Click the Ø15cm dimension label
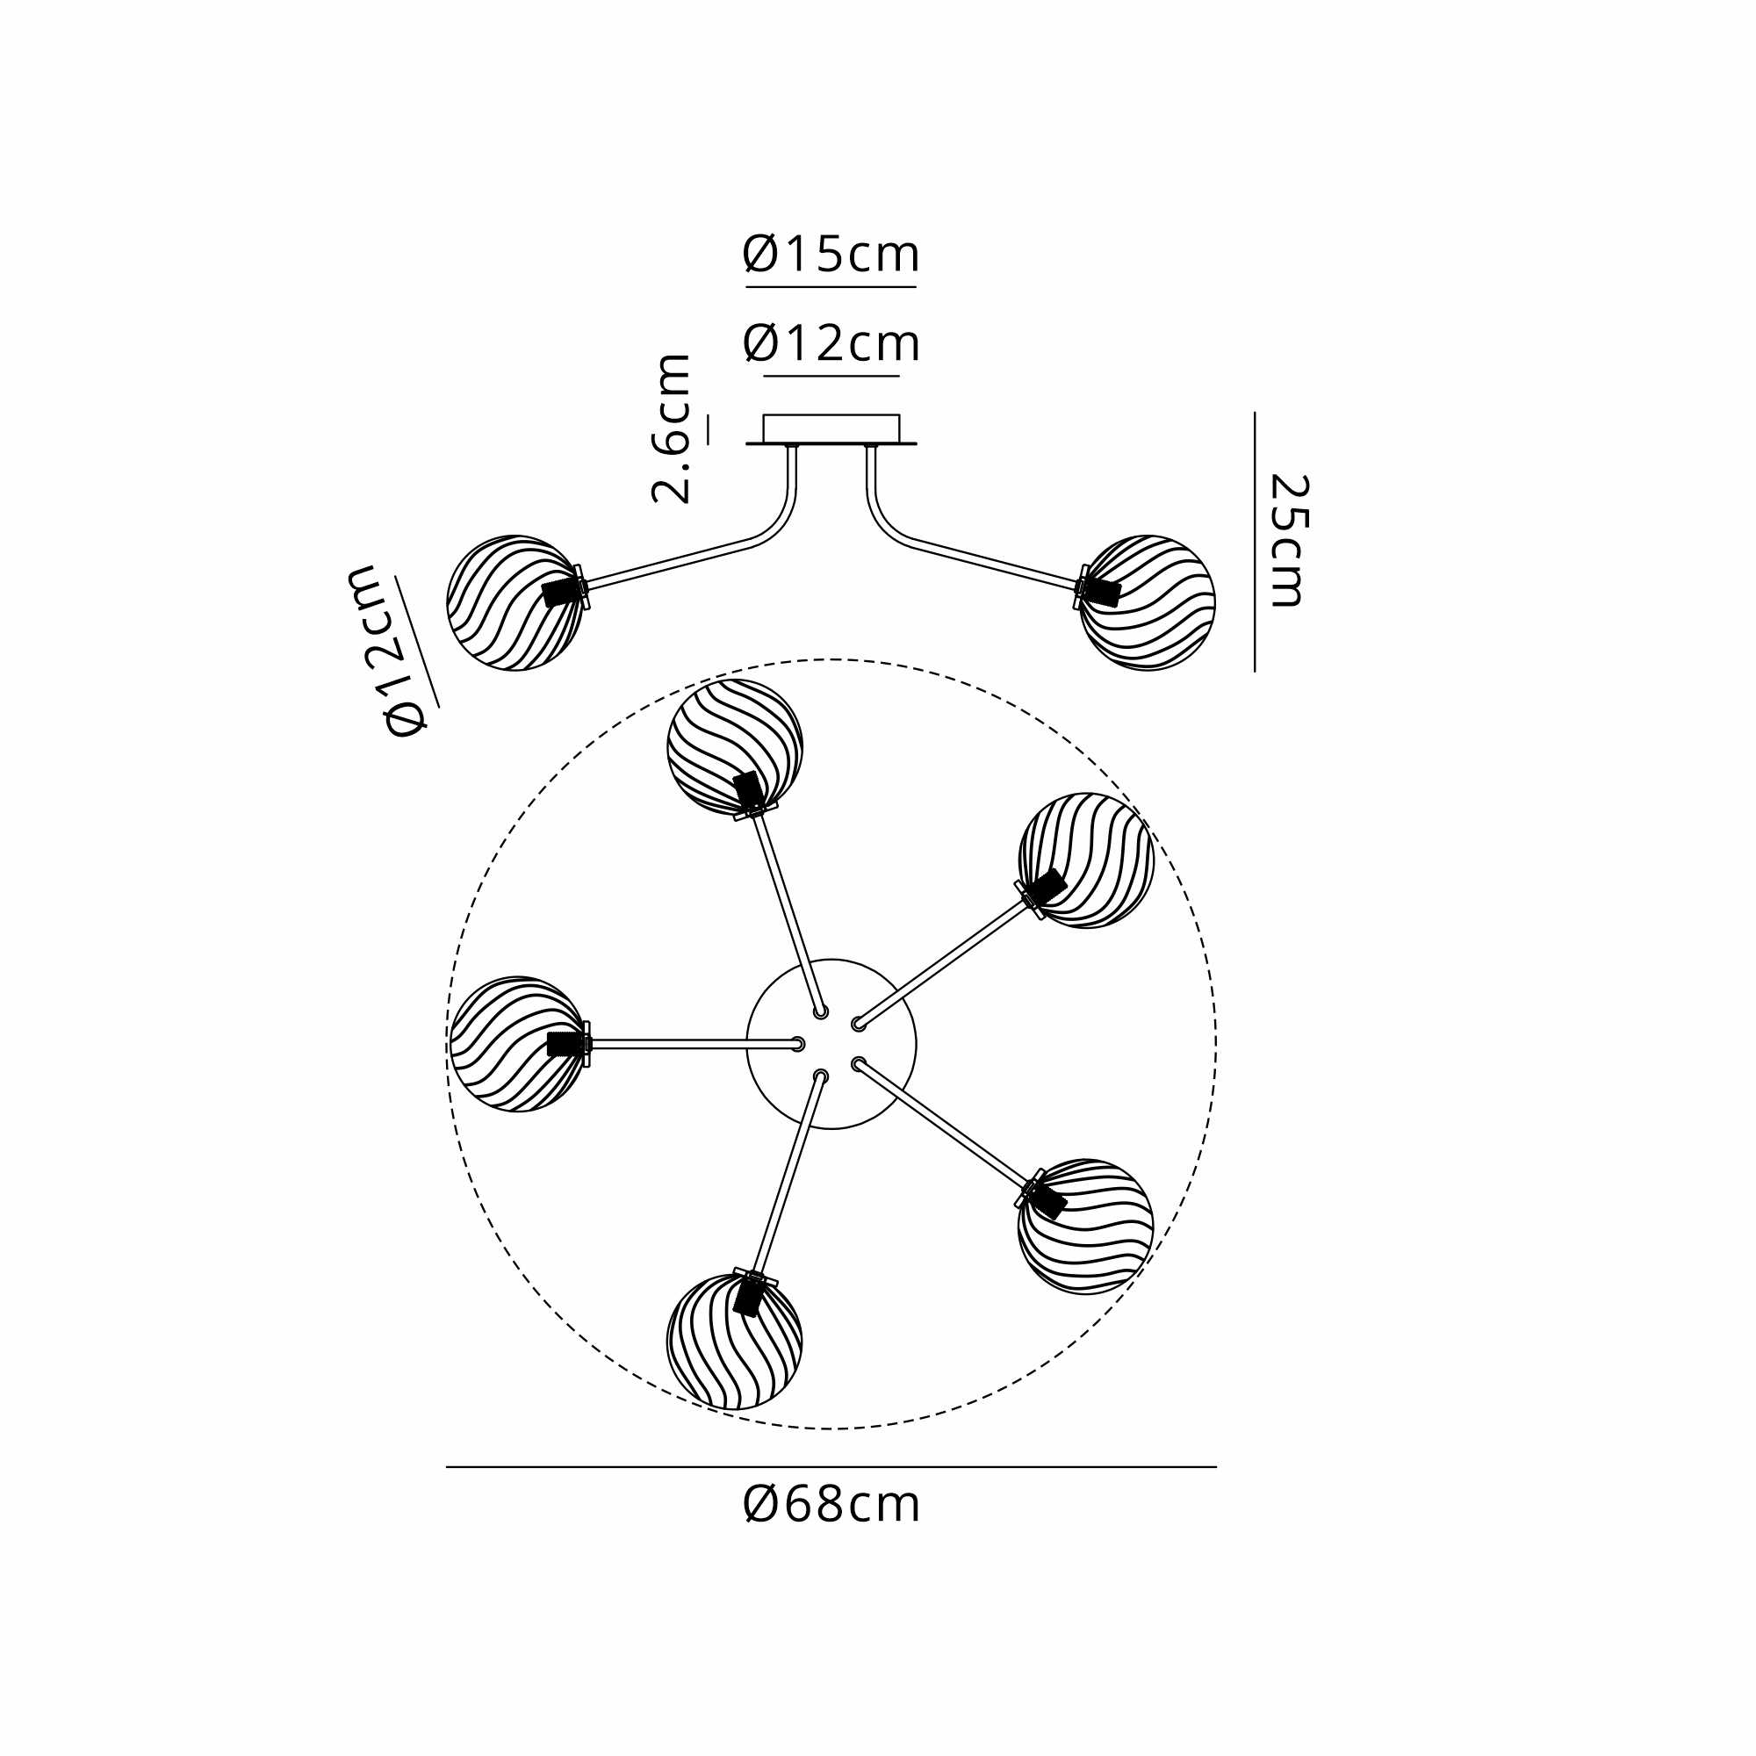click(831, 255)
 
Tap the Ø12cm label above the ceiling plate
click(831, 343)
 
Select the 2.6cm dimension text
click(671, 428)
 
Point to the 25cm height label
click(1289, 540)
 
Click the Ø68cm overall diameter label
click(831, 1505)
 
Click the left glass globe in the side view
click(515, 602)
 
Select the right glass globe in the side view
click(1147, 602)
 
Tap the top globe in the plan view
click(735, 747)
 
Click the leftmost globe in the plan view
click(518, 1044)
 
